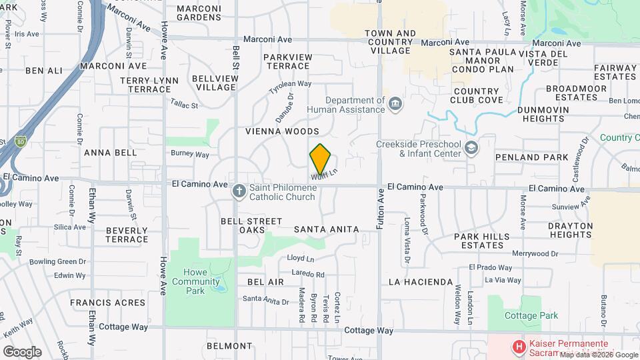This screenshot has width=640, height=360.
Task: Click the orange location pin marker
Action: (321, 159)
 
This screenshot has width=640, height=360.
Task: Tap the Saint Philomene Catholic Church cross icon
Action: (239, 191)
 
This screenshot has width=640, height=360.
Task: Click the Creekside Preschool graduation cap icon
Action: (471, 147)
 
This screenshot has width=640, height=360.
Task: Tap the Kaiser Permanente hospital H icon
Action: (518, 347)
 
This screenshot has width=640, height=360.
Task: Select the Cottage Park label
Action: (531, 315)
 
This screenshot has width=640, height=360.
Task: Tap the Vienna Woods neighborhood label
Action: (282, 131)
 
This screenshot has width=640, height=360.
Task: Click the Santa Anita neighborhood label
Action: (326, 229)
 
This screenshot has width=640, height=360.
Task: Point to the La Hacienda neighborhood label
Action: (421, 282)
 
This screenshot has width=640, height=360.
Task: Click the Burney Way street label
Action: (190, 154)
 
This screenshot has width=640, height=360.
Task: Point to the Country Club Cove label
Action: (477, 95)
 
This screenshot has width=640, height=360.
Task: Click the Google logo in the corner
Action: (22, 351)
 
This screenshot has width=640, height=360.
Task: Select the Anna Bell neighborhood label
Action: (110, 152)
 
